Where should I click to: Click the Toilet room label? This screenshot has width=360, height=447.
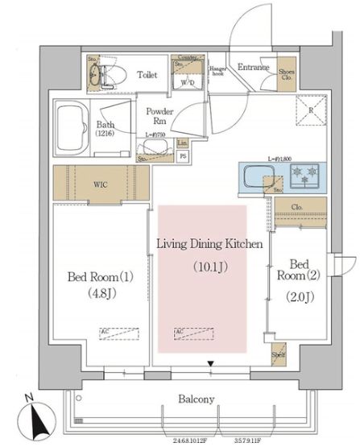[147, 76]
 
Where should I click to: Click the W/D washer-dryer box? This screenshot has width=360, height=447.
[190, 82]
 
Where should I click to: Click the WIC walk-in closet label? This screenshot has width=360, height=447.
[98, 184]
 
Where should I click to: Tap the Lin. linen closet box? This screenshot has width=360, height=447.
[182, 143]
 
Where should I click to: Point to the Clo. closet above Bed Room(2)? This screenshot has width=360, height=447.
[299, 209]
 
